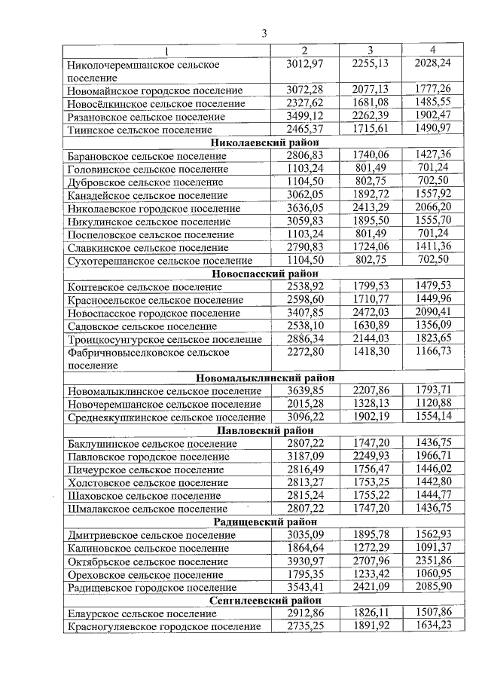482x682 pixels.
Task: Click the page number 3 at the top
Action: coord(264,33)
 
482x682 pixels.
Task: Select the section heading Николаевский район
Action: coord(264,143)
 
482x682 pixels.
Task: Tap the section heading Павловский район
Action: coord(264,430)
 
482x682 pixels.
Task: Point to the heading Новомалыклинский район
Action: coord(264,378)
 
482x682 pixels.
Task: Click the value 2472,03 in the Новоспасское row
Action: coord(370,313)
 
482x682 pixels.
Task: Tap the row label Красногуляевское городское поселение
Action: coord(163,627)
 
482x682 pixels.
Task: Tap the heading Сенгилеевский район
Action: coord(264,601)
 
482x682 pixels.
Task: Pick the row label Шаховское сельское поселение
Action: coord(140,496)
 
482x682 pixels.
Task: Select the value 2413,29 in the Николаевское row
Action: coord(370,208)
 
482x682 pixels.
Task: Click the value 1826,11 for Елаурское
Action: coord(370,613)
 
